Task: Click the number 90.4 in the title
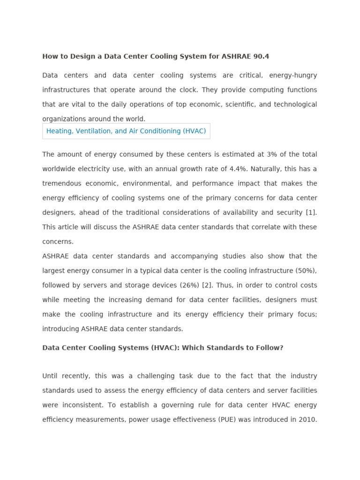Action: pyautogui.click(x=261, y=56)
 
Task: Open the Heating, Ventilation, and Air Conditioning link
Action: pyautogui.click(x=126, y=131)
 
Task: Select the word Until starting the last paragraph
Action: pyautogui.click(x=52, y=376)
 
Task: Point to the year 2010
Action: pyautogui.click(x=307, y=420)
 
